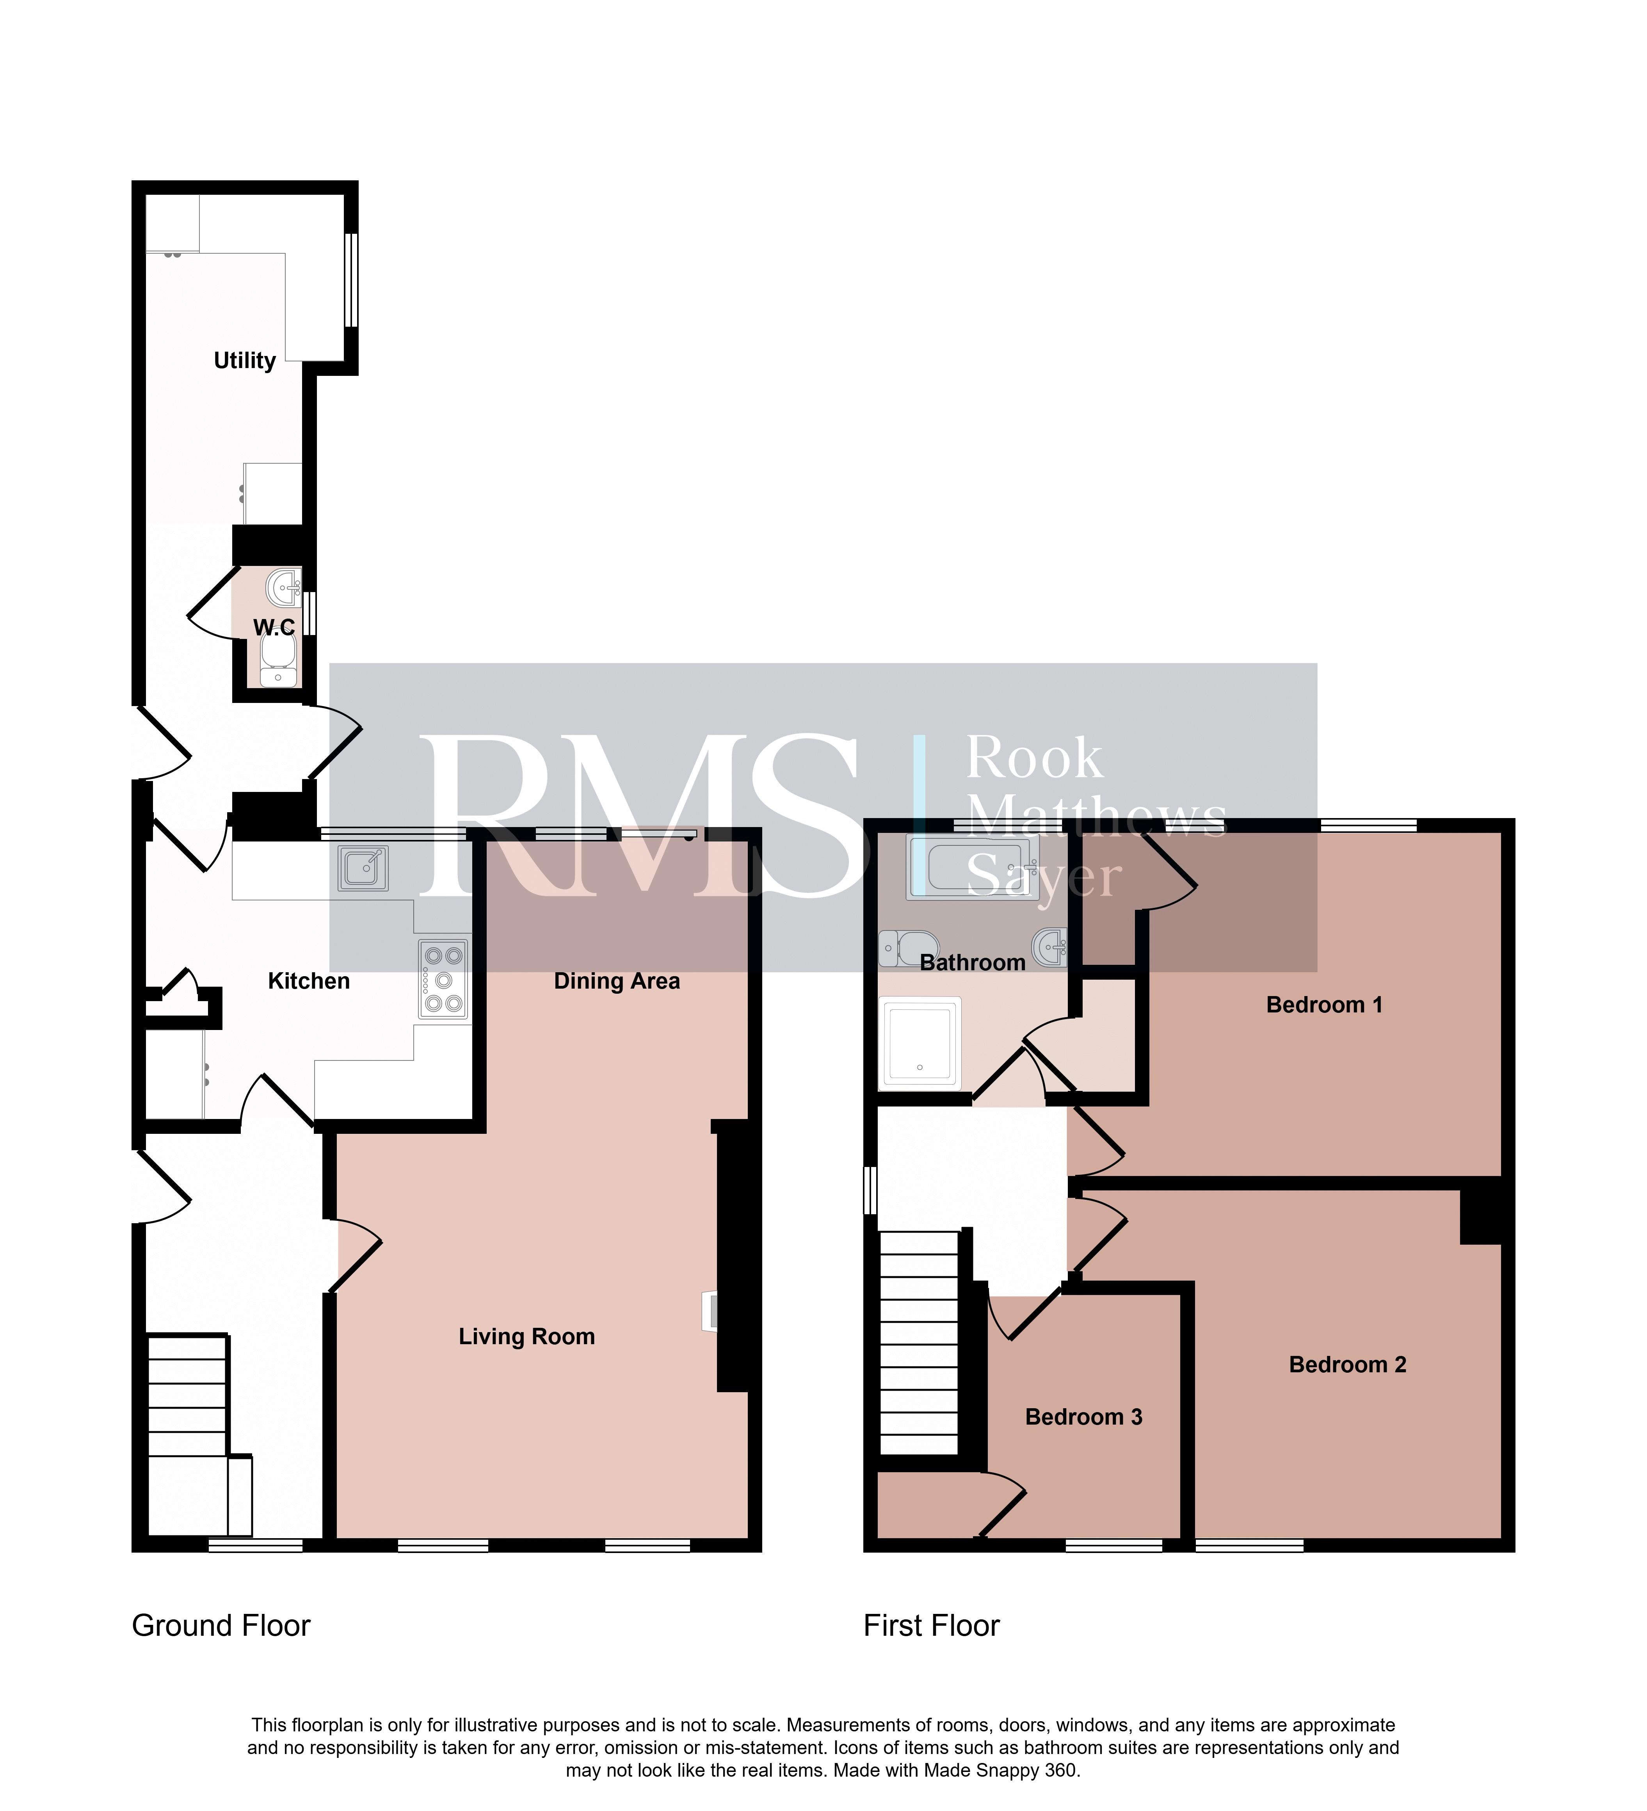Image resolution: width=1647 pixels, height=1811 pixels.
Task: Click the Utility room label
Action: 244,361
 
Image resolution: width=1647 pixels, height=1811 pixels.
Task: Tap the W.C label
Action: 274,627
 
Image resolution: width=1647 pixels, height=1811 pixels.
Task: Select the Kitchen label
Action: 309,981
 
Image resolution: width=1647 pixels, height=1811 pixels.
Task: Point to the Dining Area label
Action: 617,981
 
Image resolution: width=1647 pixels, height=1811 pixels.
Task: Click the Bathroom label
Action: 973,963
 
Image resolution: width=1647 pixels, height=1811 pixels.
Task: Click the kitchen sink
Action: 364,869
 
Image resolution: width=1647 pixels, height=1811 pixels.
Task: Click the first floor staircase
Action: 920,1343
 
